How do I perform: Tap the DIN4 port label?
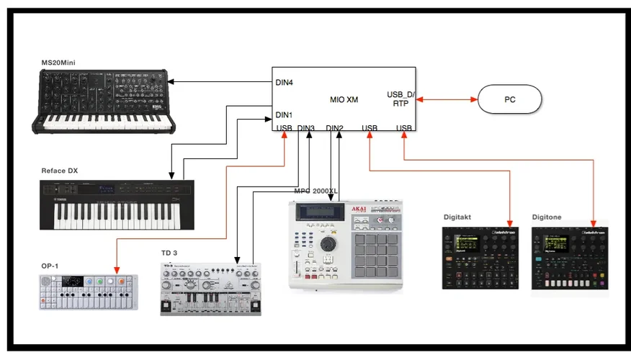(284, 82)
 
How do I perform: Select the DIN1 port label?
(284, 115)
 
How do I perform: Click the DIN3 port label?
(305, 128)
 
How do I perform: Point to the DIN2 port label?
(334, 128)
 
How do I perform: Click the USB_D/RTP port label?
(400, 99)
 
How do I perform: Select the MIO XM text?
(344, 99)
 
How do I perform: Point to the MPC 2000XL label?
(315, 191)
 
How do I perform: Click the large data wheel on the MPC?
(328, 243)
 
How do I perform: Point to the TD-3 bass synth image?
(210, 289)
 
